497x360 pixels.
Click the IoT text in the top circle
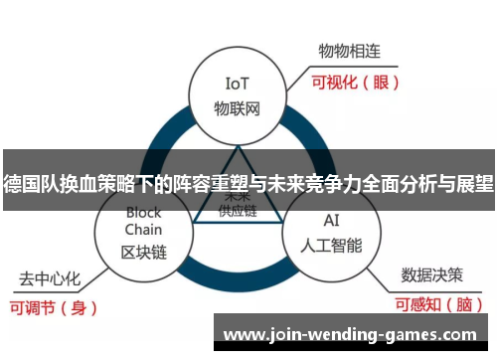(x=237, y=83)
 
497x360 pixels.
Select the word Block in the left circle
(x=144, y=212)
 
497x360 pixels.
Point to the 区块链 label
(x=144, y=252)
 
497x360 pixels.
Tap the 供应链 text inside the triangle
(x=237, y=211)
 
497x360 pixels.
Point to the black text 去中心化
(x=50, y=276)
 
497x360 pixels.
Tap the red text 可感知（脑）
(x=437, y=305)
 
